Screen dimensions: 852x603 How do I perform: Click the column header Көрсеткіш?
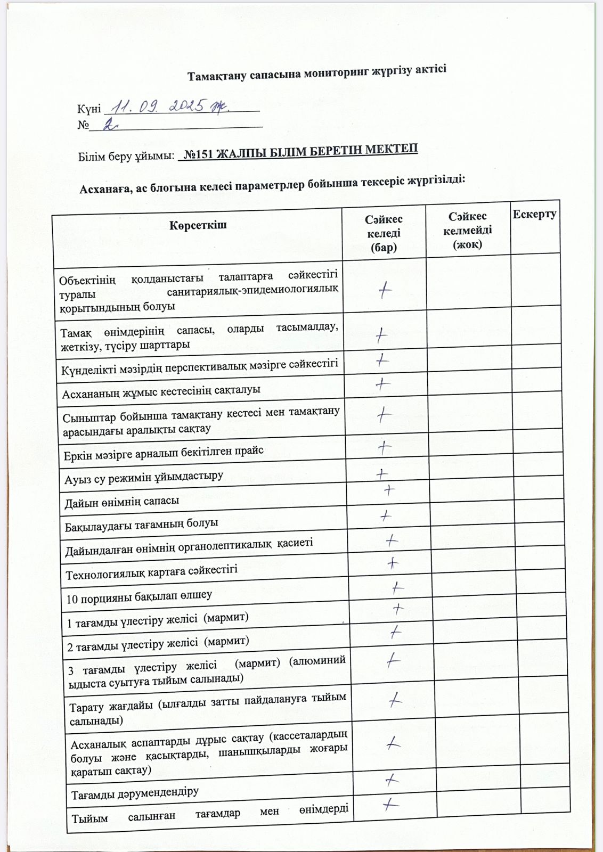198,225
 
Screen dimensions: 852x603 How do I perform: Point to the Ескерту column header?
534,214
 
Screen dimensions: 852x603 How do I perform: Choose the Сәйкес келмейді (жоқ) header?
467,230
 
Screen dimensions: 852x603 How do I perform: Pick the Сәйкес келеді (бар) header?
384,233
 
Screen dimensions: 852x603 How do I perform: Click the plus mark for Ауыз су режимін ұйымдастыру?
382,473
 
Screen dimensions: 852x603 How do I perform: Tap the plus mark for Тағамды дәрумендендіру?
392,780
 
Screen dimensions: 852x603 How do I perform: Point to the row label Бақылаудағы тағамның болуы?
142,525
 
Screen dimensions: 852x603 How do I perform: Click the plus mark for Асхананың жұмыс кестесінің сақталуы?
382,384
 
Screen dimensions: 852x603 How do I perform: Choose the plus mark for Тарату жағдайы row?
395,700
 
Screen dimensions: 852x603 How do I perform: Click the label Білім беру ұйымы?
127,157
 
